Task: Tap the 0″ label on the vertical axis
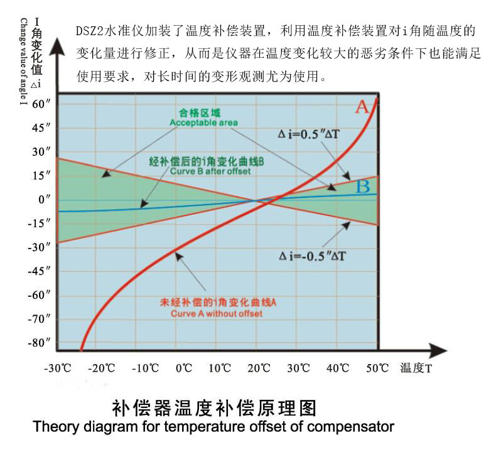pyautogui.click(x=43, y=200)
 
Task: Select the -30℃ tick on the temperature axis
pyautogui.click(x=58, y=368)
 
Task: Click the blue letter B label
pyautogui.click(x=362, y=186)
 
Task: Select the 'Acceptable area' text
pyautogui.click(x=203, y=122)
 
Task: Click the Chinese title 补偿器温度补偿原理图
pyautogui.click(x=213, y=408)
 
